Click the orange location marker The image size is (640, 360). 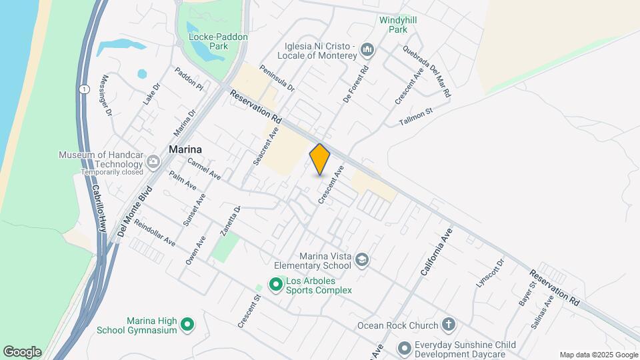320,159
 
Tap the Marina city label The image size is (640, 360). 185,149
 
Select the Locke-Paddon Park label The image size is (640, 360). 209,42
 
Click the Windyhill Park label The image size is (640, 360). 398,25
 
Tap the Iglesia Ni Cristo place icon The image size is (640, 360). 367,50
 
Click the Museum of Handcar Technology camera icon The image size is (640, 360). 154,161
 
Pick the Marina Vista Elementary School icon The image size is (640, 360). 362,259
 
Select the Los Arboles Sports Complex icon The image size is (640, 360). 275,285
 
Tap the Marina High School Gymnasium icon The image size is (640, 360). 188,325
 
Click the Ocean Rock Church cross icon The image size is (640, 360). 449,325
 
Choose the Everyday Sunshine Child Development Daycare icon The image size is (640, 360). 404,349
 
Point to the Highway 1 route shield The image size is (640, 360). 83,89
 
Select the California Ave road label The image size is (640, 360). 437,251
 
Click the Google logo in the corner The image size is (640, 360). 22,352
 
